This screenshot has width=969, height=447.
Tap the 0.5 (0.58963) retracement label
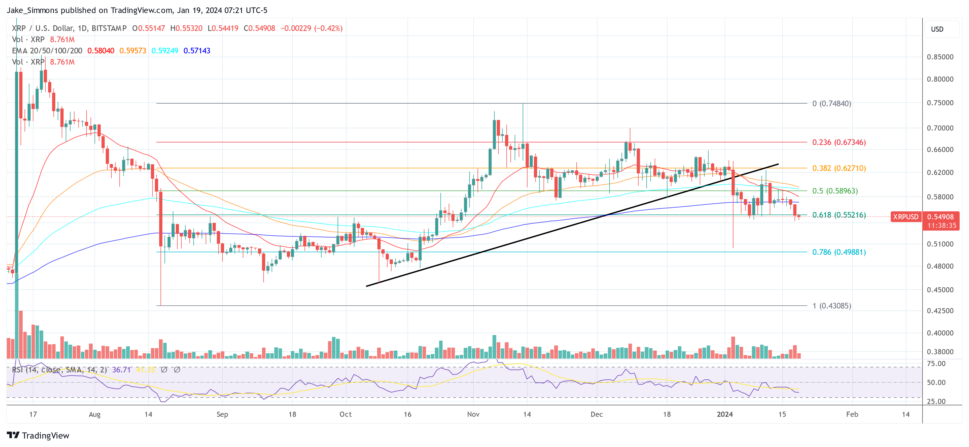click(x=835, y=191)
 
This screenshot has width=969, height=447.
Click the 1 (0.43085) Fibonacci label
click(x=831, y=305)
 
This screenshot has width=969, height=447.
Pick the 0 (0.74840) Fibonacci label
click(x=831, y=103)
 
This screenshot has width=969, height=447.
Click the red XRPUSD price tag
click(x=905, y=217)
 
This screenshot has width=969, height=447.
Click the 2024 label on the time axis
click(x=725, y=414)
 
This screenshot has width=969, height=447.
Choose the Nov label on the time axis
click(x=473, y=414)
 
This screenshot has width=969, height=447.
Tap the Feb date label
click(x=852, y=414)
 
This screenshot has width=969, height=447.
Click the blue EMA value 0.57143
click(x=197, y=51)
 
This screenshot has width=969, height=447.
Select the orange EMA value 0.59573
click(x=133, y=51)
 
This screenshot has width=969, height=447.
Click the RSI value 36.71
click(x=121, y=370)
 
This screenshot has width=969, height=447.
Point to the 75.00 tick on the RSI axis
click(x=936, y=363)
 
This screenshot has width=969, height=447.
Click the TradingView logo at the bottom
click(x=38, y=435)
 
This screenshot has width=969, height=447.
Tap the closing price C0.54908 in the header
click(x=260, y=29)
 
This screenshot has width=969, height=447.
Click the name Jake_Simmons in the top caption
click(x=32, y=10)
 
